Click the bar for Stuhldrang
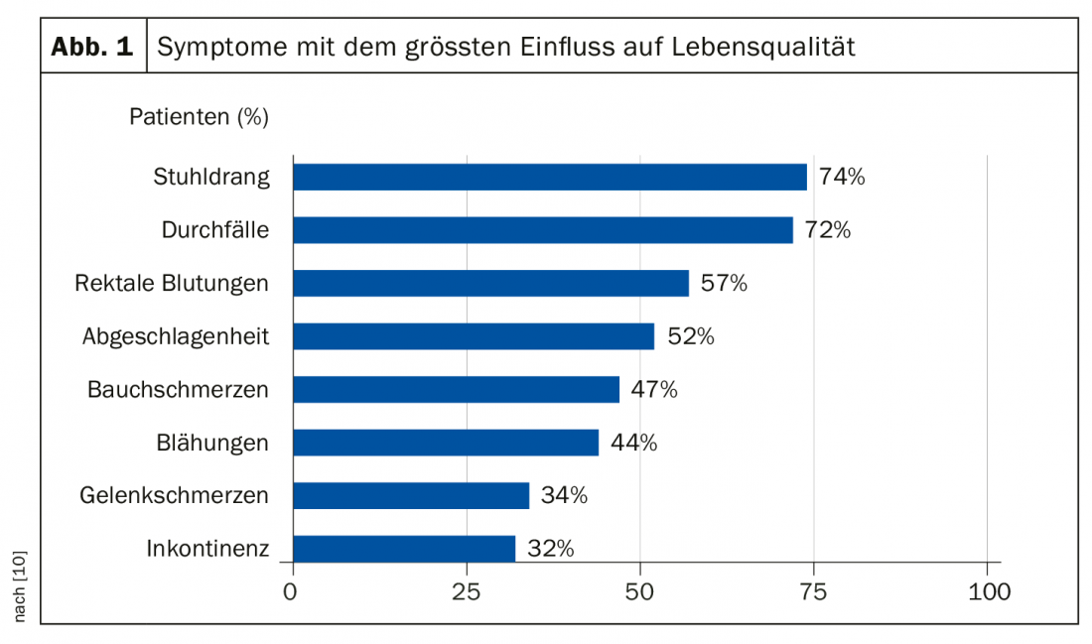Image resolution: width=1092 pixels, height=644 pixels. (550, 177)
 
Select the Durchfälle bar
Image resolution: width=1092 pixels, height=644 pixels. (543, 230)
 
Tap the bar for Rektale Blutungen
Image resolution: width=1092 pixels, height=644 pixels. (491, 283)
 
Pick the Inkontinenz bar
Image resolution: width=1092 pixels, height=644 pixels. (405, 549)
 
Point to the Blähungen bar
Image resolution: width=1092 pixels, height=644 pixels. (446, 443)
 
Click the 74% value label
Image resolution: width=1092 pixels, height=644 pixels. (842, 178)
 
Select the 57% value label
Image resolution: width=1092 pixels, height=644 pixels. (724, 284)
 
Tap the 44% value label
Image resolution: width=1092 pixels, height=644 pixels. (633, 443)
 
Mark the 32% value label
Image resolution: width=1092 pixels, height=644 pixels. (550, 549)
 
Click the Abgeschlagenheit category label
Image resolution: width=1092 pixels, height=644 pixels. (176, 336)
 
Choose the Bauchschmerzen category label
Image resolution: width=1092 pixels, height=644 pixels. (178, 389)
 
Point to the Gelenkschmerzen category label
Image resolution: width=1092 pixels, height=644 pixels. (174, 495)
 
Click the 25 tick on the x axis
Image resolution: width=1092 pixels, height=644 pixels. (467, 593)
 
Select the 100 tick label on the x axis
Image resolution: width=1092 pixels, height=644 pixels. (987, 593)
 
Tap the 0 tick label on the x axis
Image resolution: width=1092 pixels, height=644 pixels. (291, 593)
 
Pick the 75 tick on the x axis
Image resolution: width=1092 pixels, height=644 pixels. (814, 593)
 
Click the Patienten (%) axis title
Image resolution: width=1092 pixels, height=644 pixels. (199, 117)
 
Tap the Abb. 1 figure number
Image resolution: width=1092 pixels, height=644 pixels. (92, 47)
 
